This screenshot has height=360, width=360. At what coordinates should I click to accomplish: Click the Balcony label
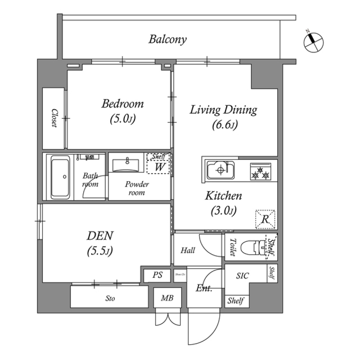(168, 39)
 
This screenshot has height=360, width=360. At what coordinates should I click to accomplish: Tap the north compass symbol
(312, 42)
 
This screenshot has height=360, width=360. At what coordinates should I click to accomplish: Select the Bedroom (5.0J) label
(122, 111)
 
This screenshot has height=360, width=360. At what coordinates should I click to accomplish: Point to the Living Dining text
(223, 110)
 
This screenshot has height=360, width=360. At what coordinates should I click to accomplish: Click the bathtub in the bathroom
(60, 177)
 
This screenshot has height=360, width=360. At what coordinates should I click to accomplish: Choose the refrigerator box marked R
(265, 219)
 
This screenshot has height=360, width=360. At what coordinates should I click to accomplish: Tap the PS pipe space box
(157, 275)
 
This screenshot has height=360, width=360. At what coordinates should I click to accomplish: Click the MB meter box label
(167, 298)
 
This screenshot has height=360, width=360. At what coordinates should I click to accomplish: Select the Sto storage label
(109, 299)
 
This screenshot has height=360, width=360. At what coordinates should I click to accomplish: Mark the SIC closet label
(243, 276)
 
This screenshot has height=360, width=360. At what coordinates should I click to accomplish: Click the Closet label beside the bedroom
(54, 118)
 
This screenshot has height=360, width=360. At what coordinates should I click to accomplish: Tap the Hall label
(187, 250)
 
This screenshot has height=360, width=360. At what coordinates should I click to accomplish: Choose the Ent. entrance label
(204, 288)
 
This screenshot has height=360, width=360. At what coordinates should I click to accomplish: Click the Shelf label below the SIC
(236, 301)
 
